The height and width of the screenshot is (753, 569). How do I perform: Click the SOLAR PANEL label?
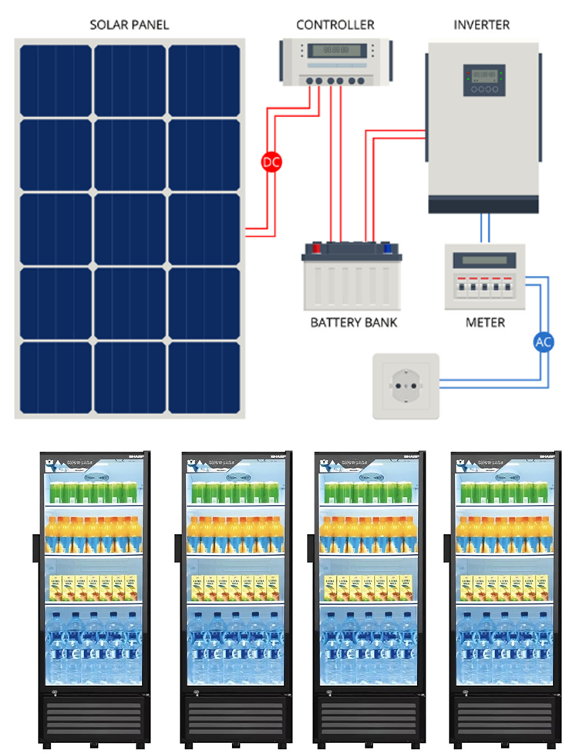tap(129, 25)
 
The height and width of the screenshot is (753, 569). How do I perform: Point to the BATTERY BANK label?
tap(354, 322)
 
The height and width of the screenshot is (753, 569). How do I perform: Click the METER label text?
tap(485, 322)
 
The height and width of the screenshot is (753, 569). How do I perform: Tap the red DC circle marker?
tap(272, 163)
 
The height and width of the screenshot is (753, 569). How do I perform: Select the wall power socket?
tap(406, 385)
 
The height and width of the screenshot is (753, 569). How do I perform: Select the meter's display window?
tap(484, 260)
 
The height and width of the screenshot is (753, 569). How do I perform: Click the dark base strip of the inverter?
tap(483, 204)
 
